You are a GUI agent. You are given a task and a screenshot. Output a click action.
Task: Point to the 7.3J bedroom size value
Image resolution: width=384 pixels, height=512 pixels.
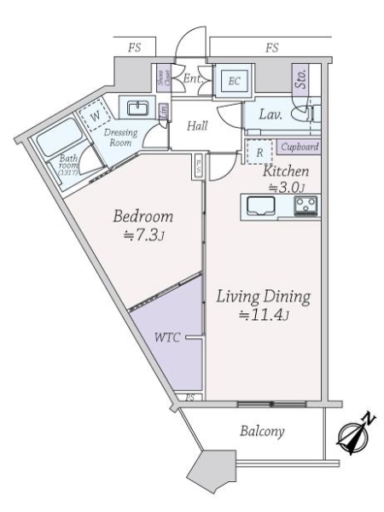143,234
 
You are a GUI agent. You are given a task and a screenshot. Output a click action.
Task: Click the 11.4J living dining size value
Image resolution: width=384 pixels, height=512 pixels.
263,317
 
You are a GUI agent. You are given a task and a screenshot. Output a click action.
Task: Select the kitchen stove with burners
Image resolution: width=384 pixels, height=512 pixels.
305,206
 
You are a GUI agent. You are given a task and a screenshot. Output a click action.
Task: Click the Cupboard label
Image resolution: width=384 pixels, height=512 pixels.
301,147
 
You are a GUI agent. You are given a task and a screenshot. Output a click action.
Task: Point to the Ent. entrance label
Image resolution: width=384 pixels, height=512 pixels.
191,79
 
